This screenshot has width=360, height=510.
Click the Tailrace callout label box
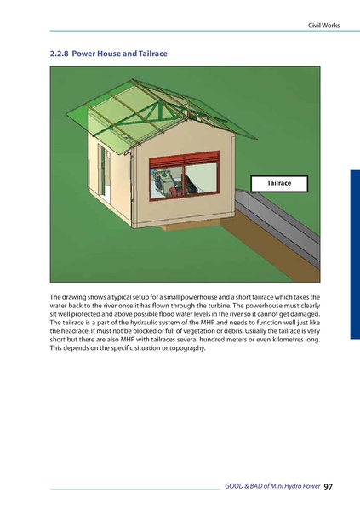click(278, 183)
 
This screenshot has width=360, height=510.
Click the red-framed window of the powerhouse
click(184, 180)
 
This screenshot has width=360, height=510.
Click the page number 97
click(329, 487)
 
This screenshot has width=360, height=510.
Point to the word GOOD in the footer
click(235, 487)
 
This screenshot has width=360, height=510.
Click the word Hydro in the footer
click(289, 487)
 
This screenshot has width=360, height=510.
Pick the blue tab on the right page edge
click(354, 255)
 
